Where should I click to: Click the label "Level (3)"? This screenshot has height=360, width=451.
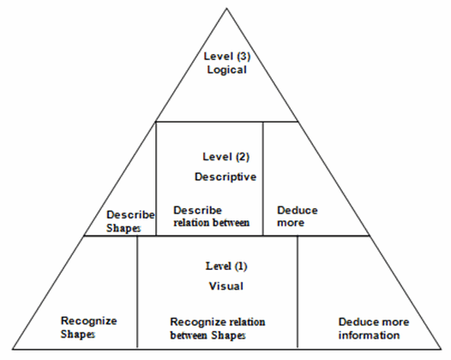point(227,57)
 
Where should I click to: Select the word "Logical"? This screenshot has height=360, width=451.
point(227,70)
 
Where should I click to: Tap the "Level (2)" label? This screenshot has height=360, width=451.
point(225,157)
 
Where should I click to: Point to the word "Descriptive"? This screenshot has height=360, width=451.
point(225,177)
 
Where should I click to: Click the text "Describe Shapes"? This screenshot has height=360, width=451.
point(130,221)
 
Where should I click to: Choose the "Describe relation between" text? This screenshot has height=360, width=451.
point(212,217)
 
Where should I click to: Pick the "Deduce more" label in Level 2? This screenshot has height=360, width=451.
point(298,217)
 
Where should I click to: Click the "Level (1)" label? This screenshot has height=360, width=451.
point(226,267)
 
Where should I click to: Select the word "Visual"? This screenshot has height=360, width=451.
point(226,286)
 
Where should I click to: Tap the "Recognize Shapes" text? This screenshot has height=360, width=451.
point(89,327)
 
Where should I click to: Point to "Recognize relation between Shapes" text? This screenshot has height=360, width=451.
point(218,328)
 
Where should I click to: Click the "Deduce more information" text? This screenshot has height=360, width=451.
point(374,328)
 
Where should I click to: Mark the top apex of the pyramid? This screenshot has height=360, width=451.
point(226,8)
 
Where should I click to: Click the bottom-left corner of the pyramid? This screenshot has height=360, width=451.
point(12,350)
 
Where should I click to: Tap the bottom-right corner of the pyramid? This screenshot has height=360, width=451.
point(442,350)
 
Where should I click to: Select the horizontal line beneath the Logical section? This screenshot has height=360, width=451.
point(226,122)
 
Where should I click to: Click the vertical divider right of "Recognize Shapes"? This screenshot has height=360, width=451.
point(137,292)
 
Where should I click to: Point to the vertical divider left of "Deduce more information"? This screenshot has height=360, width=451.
point(298,292)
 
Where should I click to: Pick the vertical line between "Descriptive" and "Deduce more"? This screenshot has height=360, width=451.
point(263,178)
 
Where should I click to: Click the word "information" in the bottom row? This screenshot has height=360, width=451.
point(369,335)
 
